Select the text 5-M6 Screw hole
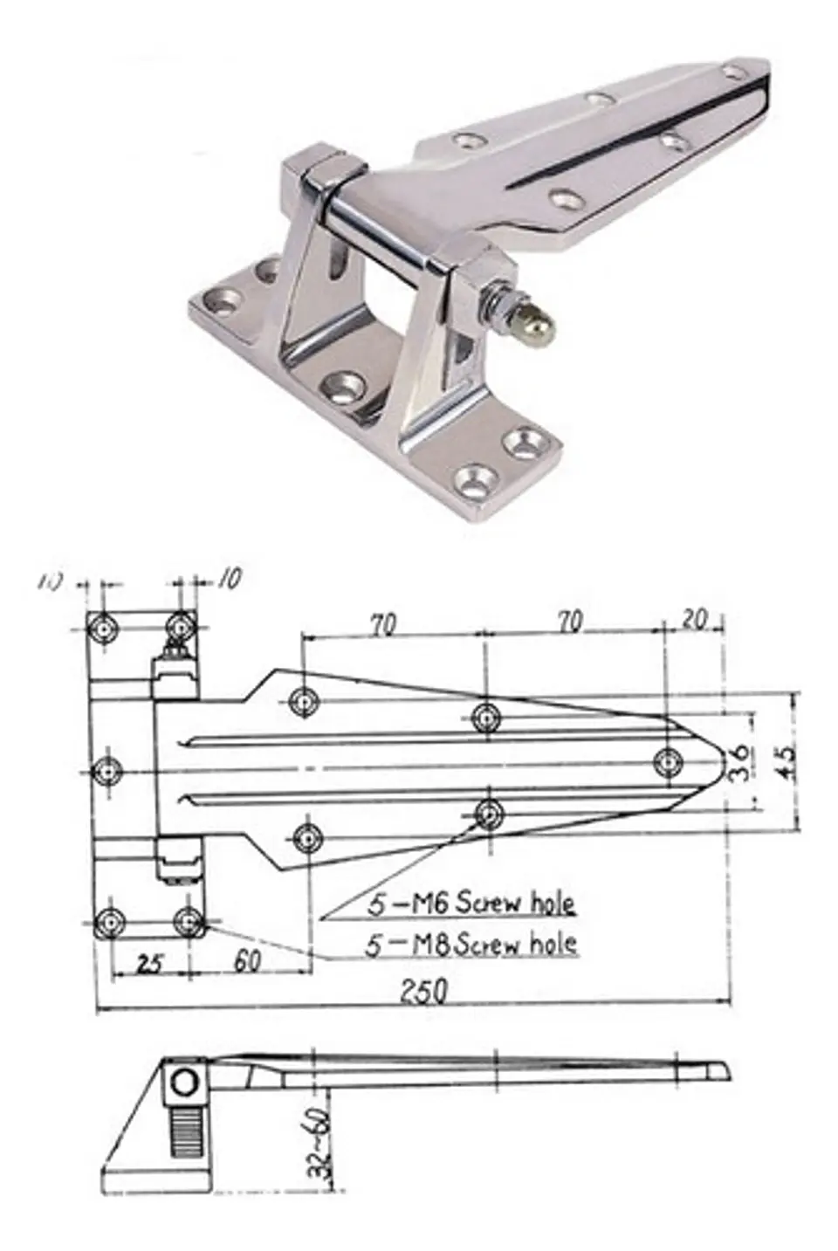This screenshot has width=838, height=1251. point(471,903)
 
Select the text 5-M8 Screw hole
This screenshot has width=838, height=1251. point(471,943)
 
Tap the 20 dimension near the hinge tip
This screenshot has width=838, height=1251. point(693,619)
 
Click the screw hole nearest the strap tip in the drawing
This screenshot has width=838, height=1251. point(669,761)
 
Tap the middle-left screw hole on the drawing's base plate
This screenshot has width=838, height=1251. point(108,771)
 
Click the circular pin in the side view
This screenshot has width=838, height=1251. point(185,1083)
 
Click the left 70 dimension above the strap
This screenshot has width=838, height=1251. point(382,624)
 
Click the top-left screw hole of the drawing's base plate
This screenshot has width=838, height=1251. point(106,627)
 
